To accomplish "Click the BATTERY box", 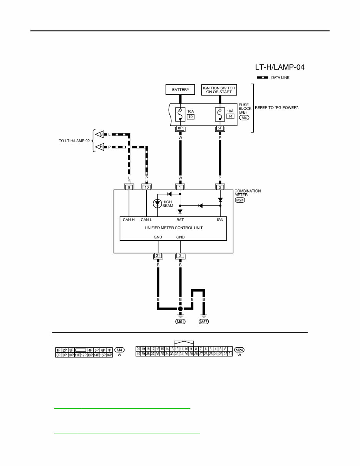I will point(181,90).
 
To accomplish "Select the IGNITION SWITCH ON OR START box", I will point(219,90).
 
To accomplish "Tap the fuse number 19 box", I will point(190,116).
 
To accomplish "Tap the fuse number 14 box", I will point(230,116).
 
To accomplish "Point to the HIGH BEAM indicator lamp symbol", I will point(157,203).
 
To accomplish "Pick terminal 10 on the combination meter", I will point(146,187).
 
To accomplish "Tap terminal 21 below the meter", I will point(158,256).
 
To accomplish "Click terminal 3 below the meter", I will point(180,256).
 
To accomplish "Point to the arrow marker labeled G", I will point(100,134).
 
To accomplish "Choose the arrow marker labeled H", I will point(100,147).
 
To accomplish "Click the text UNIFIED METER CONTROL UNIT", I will point(173,228).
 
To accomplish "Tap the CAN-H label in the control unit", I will point(129,220).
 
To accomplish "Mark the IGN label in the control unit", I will point(220,220).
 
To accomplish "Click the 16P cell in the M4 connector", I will point(109,355).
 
